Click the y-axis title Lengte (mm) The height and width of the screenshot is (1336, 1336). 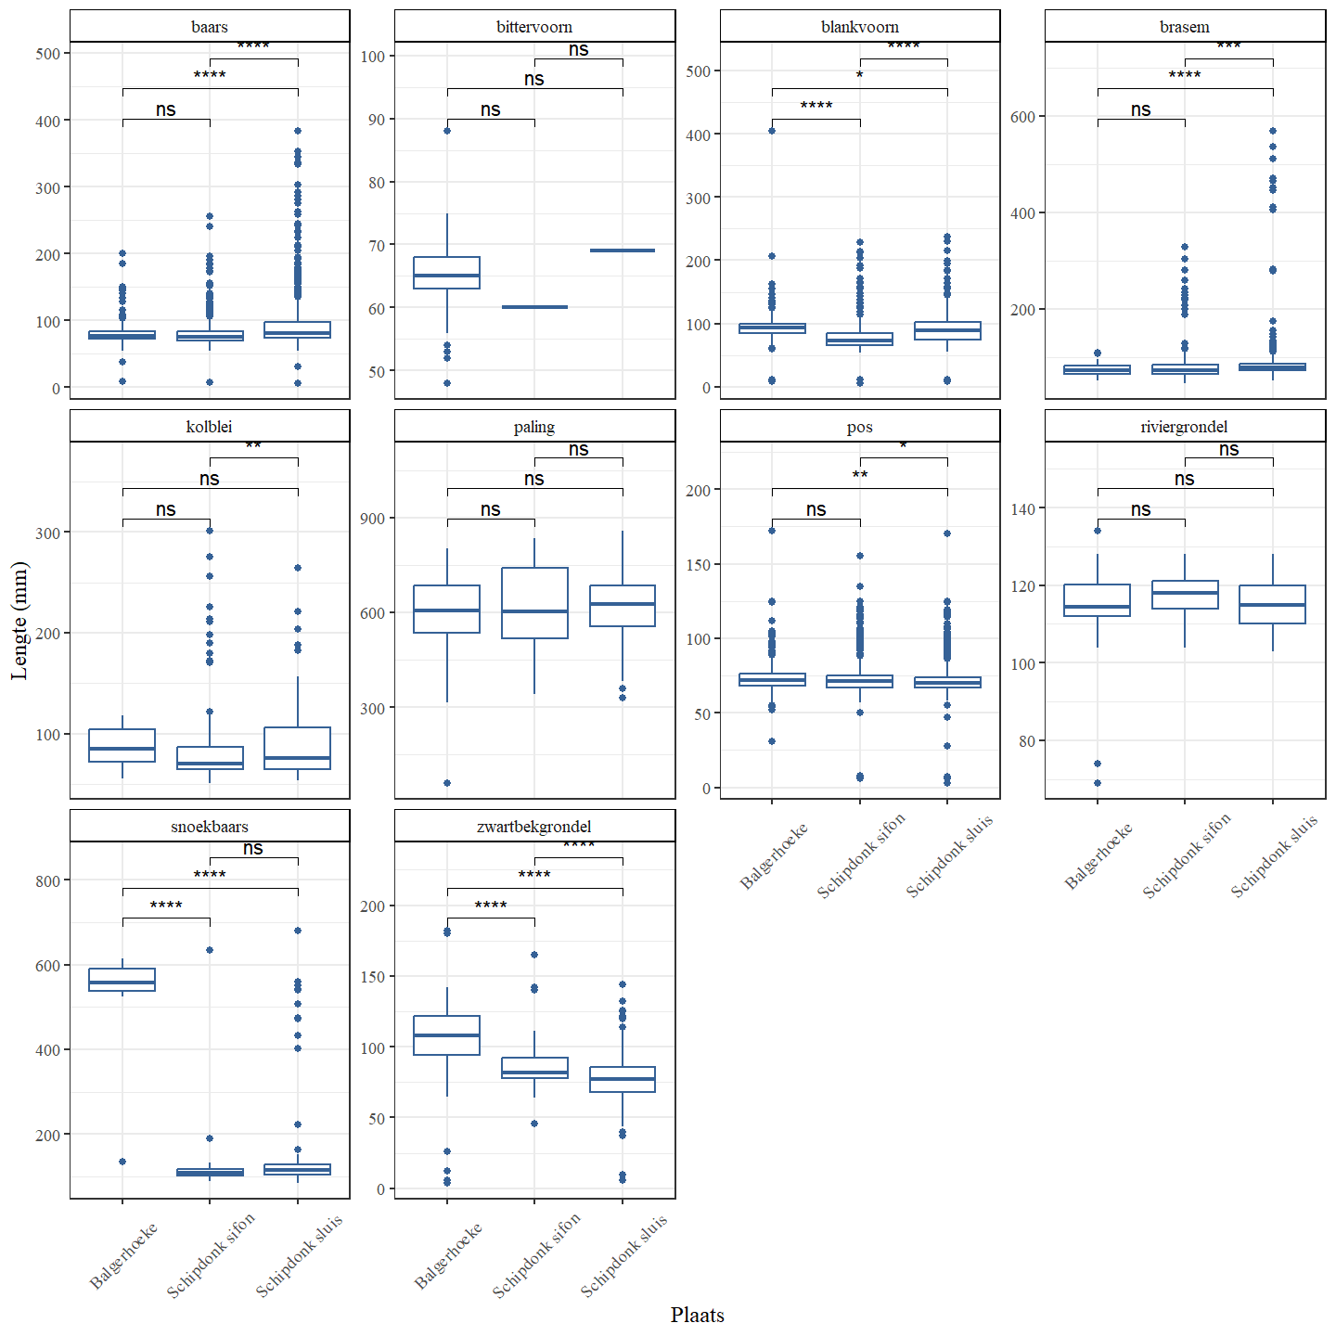[19, 621]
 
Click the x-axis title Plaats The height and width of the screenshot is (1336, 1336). [697, 1315]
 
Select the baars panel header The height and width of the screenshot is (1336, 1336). [210, 27]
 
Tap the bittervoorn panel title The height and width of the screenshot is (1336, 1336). [534, 27]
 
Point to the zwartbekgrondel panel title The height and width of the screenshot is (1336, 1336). [534, 827]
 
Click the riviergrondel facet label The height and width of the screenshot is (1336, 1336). [1184, 427]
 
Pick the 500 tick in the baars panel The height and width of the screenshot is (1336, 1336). [48, 54]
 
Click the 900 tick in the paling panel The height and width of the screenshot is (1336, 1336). [373, 519]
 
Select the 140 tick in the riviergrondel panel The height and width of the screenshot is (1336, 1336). [1023, 508]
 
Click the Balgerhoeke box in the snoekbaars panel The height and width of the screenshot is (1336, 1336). [122, 980]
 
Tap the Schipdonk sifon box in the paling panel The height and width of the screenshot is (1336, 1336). [534, 603]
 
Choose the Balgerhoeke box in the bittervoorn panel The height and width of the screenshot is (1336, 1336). [447, 273]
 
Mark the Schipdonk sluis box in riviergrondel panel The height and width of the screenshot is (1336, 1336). [1272, 604]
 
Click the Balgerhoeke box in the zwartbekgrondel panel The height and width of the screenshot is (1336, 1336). [447, 1035]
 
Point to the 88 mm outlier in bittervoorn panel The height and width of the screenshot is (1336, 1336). [447, 131]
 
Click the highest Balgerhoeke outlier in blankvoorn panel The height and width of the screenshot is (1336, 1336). [772, 131]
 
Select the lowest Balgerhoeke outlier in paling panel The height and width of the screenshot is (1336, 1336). [447, 783]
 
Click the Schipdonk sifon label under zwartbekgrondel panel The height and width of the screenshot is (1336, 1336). [536, 1254]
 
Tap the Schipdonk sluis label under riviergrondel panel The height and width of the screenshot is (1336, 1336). [1274, 855]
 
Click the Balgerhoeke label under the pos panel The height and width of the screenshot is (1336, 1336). [774, 855]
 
